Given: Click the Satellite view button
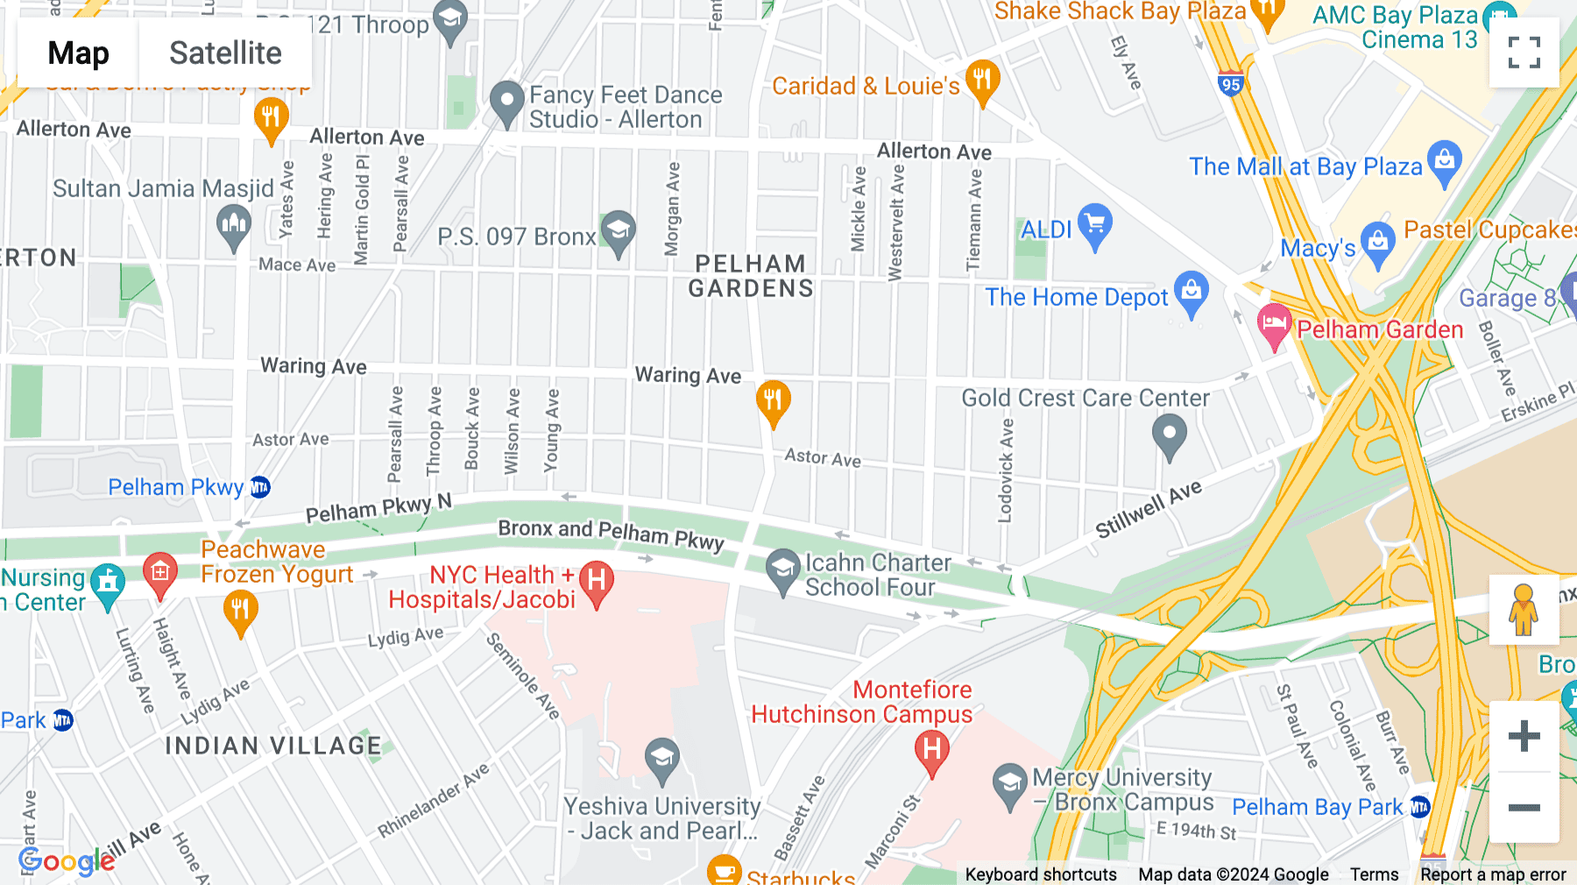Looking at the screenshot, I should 225,53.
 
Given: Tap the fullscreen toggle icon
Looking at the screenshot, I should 1524,53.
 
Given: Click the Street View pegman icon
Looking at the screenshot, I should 1524,610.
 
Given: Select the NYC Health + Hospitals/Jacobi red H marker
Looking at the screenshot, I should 596,582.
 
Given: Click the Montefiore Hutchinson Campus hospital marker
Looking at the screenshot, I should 931,751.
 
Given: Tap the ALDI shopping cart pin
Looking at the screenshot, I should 1095,224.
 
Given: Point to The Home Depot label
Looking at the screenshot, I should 1077,298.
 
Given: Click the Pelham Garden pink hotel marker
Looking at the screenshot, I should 1274,324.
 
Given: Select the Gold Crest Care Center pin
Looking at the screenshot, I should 1169,435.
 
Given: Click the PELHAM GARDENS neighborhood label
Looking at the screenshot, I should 751,276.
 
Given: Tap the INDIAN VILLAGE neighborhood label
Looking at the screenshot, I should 273,746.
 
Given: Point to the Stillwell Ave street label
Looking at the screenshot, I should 1148,510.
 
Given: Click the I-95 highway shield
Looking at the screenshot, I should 1230,84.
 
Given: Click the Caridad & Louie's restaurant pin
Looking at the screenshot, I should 982,81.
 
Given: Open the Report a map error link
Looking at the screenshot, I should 1493,874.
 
